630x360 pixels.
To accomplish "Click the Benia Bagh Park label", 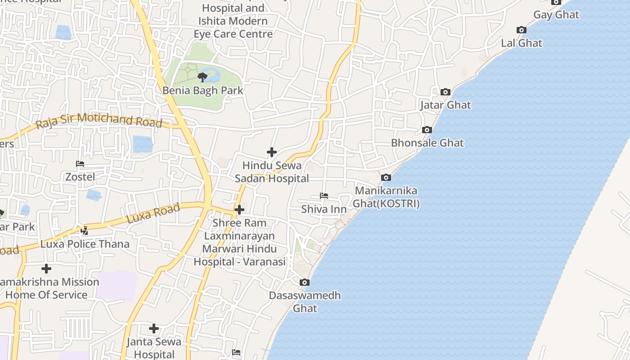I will [x=202, y=90].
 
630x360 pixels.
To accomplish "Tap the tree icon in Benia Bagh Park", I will [x=202, y=77].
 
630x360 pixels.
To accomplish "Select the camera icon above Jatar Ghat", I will [x=445, y=92].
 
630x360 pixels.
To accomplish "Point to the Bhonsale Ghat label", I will [x=427, y=143].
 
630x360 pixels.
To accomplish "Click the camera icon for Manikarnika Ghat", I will [x=386, y=178].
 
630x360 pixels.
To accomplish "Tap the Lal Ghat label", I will [x=522, y=43].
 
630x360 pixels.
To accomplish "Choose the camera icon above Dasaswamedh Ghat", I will [x=305, y=283].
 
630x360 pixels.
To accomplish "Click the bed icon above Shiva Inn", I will [x=324, y=196].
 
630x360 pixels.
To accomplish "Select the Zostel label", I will [x=80, y=177].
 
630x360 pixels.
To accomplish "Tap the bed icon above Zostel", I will [x=80, y=164].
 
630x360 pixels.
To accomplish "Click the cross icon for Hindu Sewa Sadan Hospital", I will [x=272, y=152].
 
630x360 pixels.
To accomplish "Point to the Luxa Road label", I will [x=153, y=213].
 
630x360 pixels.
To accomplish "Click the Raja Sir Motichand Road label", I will [x=99, y=120].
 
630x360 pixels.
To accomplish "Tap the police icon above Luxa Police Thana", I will [x=84, y=231].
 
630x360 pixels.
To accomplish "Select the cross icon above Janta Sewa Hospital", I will [x=154, y=328].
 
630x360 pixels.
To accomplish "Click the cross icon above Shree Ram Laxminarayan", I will [x=239, y=210].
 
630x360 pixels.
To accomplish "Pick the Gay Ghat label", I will [x=556, y=15].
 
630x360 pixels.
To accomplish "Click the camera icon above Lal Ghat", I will [x=522, y=30].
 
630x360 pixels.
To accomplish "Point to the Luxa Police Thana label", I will [x=85, y=244].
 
